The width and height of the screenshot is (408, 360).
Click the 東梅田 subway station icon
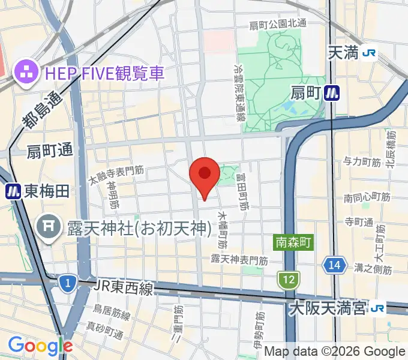[13, 191]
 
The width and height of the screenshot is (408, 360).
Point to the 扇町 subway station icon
[331, 92]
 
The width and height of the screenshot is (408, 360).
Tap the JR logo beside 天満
[370, 53]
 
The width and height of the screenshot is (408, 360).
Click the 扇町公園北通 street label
[278, 24]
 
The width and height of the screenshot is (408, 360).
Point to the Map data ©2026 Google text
[335, 352]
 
